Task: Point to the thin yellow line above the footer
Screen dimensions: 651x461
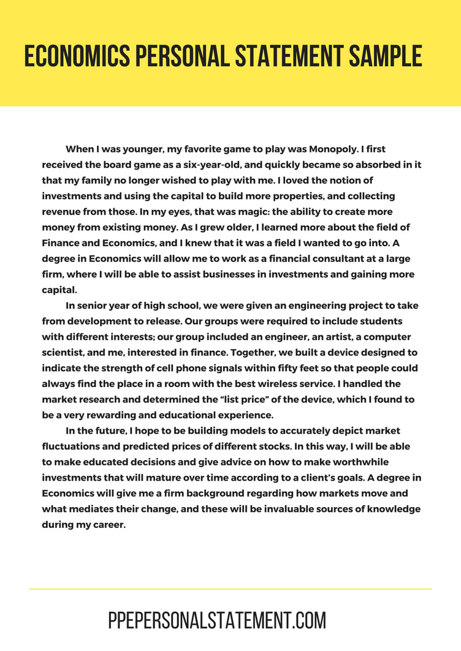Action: (x=230, y=589)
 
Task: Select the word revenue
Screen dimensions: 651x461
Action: (x=63, y=211)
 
